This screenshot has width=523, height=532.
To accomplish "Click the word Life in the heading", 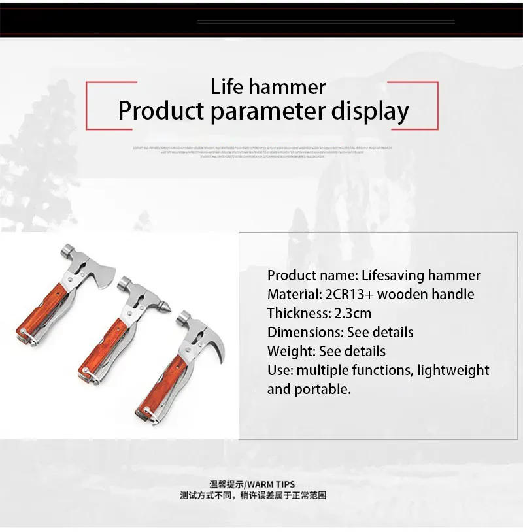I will click(229, 87).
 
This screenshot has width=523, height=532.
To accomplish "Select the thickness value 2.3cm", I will click(350, 314).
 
